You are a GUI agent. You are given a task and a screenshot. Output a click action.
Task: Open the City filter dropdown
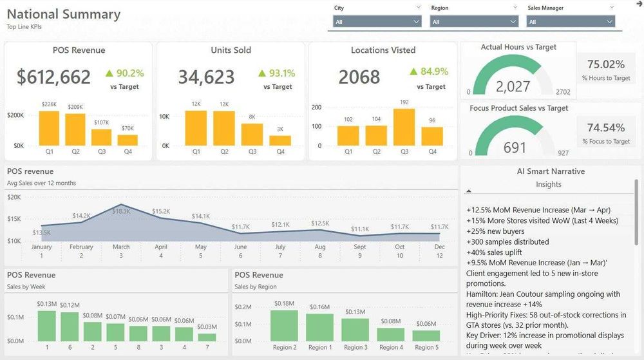377,22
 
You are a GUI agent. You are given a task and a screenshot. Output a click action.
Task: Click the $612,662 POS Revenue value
54,77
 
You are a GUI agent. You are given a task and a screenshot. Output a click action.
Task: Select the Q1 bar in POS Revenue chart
49,128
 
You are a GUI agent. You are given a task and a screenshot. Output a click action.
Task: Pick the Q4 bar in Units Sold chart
280,140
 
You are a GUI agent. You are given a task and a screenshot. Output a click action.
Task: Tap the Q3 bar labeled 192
404,127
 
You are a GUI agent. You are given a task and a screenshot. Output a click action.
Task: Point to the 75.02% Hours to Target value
606,64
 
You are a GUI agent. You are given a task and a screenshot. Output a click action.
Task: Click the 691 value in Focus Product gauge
515,147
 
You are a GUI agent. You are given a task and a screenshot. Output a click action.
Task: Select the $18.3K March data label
121,211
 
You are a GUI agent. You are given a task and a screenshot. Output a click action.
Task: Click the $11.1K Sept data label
360,229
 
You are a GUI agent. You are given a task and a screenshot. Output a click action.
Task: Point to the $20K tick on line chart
14,197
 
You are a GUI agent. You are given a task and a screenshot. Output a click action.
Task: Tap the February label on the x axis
81,247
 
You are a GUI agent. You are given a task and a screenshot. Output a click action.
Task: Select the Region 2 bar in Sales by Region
283,325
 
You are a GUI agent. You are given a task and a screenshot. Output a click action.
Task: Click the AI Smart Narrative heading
542,171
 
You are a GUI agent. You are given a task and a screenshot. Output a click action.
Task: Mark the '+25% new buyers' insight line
495,231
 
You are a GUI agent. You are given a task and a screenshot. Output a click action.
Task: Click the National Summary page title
64,14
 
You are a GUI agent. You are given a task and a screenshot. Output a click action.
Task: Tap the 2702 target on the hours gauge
562,92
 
